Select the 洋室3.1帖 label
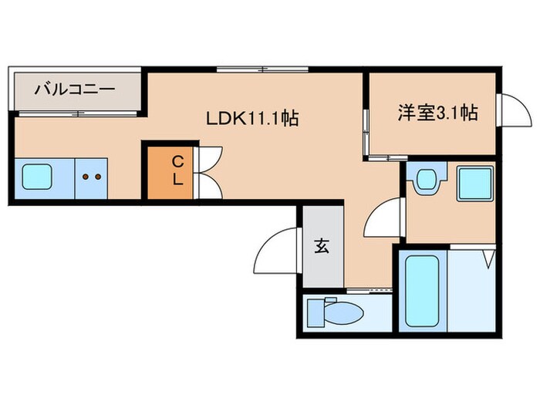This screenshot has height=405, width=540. [437, 113]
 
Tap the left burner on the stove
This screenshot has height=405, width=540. [86, 177]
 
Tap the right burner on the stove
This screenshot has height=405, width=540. [98, 177]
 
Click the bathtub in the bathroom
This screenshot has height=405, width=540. [420, 289]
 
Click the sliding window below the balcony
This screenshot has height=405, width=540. [77, 115]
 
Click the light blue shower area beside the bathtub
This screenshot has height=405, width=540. [473, 289]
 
